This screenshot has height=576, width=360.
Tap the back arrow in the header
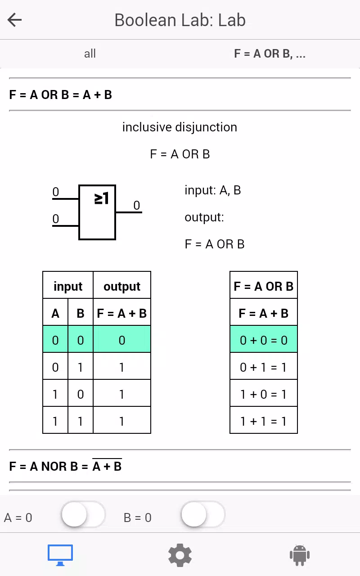point(14,20)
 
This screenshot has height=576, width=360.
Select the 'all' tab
point(90,54)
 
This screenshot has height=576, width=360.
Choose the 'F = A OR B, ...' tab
point(270,54)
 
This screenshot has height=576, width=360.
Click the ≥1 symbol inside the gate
point(102,198)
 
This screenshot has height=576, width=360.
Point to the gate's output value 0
point(136,205)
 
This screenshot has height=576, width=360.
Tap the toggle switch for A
point(83,514)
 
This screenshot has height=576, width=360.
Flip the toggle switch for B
point(203,514)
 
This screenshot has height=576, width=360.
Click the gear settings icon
point(180,555)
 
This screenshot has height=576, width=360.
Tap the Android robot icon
point(300,555)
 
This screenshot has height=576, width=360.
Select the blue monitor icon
point(60,555)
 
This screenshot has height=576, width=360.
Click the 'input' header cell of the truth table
point(68,285)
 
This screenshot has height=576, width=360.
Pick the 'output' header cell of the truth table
point(122,285)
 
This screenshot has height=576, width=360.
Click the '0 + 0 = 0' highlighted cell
point(264,339)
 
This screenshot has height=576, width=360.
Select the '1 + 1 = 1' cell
point(264,420)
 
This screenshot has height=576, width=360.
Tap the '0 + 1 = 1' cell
point(264,366)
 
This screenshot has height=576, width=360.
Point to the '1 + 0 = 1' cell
point(264,393)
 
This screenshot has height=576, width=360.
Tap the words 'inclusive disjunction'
point(180,127)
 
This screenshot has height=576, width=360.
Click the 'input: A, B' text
point(213,190)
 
